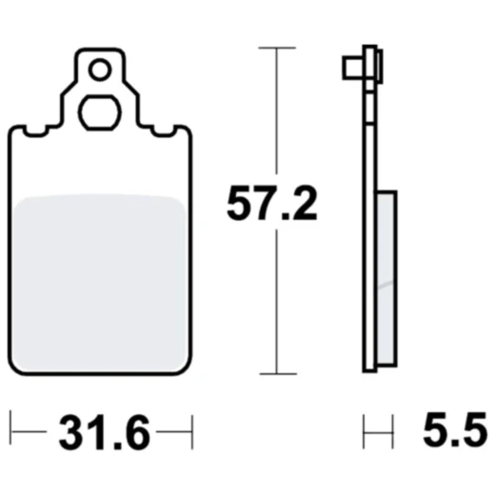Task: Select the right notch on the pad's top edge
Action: pos(160,129)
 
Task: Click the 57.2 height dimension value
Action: pos(271,204)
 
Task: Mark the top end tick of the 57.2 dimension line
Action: pos(276,48)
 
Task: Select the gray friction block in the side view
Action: pos(387,276)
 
